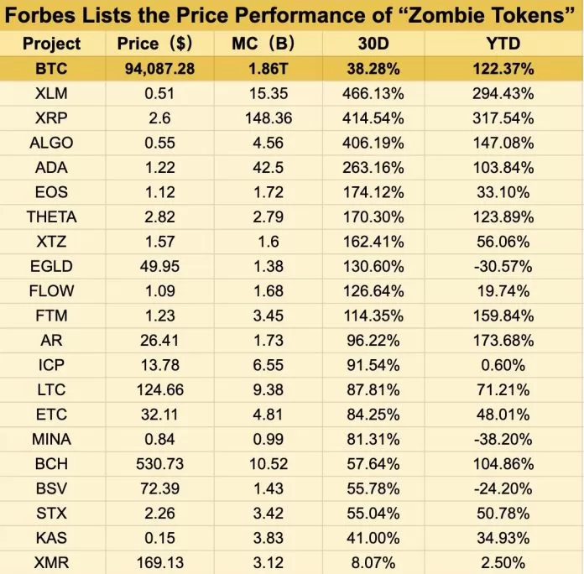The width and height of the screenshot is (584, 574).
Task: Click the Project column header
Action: point(51,44)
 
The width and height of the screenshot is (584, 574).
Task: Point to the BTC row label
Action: point(51,69)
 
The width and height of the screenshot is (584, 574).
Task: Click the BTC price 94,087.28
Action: point(159,69)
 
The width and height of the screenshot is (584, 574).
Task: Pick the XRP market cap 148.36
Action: point(269,118)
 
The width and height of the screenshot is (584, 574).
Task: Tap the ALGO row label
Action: point(51,143)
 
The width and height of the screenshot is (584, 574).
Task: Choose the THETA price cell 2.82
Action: point(159,217)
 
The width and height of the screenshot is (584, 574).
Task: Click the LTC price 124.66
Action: point(159,389)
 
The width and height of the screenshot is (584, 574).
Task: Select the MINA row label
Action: point(51,439)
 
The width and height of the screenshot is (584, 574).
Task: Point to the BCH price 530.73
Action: point(159,464)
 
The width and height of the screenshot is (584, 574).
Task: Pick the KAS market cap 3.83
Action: point(269,538)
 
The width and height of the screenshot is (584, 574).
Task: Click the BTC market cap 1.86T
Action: point(269,69)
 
